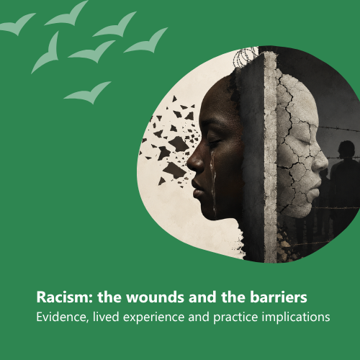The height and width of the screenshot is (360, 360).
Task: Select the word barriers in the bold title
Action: coord(279,297)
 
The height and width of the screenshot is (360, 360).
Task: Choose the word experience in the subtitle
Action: coord(154,318)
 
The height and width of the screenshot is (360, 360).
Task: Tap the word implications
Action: coord(296,318)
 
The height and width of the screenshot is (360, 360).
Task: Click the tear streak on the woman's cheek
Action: coord(213,179)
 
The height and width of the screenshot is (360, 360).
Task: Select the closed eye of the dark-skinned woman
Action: coord(214,140)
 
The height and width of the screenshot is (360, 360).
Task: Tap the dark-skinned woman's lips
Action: coord(197,189)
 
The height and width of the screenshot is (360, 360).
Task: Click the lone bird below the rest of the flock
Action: coord(88,92)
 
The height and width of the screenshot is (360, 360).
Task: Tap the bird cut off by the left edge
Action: coord(17,24)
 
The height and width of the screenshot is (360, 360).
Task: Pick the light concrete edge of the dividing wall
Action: coord(271,157)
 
